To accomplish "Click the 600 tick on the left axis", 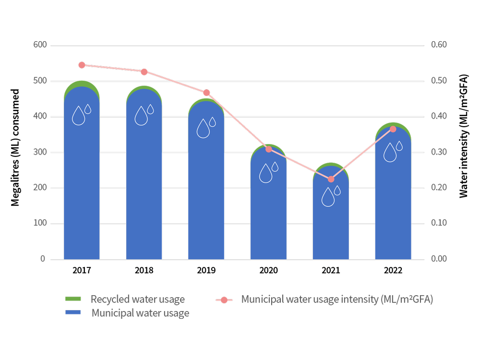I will coord(40,45).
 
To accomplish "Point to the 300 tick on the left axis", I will coord(40,152).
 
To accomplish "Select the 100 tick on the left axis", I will coord(40,223).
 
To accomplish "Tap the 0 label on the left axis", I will coord(43,259).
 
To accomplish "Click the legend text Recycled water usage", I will coord(138,300).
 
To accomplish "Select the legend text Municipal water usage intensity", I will coord(337,300).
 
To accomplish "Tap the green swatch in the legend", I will coord(73,299).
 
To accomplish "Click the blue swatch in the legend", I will coord(73,312).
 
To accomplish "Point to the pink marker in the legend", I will coord(224,300).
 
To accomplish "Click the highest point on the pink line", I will coord(82,65).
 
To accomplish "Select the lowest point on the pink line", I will coord(331,179).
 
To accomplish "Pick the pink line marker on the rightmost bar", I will coord(393,129).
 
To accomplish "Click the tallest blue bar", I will coord(82,182).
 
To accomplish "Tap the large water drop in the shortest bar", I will coord(328,197).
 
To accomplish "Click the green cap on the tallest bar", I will coord(82,84).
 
